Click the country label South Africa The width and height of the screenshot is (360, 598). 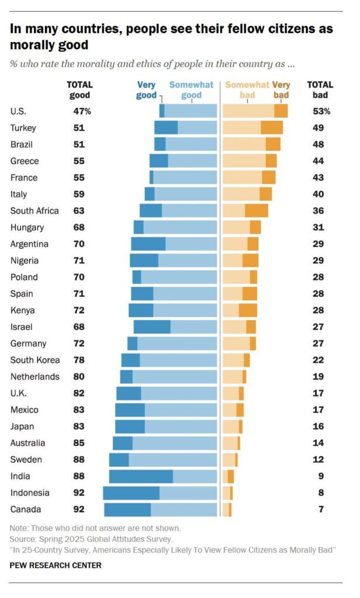34,211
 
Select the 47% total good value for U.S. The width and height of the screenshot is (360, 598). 82,111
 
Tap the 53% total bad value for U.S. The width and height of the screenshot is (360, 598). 321,111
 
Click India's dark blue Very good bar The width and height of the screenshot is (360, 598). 141,476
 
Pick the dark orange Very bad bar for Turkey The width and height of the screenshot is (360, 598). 272,127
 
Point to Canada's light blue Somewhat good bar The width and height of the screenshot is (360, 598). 184,509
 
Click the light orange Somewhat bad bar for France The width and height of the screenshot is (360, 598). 242,178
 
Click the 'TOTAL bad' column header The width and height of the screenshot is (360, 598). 320,90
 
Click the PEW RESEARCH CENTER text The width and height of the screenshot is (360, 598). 56,565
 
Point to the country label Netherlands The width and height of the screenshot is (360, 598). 35,377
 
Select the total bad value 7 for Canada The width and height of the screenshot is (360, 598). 321,509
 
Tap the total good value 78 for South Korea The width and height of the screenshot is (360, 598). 78,360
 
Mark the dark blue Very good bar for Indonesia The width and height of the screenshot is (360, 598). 131,493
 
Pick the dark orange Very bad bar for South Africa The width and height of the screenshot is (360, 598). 257,211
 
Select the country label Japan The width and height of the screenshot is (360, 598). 22,426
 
